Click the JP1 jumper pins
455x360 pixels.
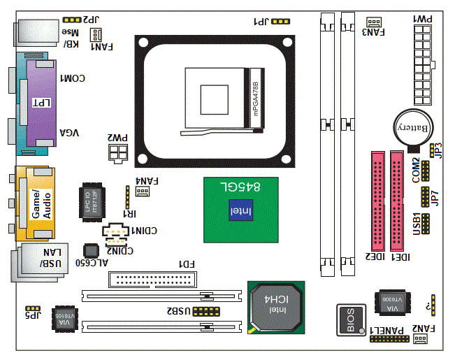point(280,22)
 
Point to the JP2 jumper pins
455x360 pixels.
point(71,21)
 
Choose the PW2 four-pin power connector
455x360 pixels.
point(117,152)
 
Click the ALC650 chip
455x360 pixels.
point(90,250)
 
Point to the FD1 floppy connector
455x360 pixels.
point(150,280)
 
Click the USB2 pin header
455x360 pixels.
point(205,310)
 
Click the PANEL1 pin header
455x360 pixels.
point(390,340)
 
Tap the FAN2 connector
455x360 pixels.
point(420,339)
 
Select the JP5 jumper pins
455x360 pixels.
point(31,308)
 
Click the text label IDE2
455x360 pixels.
point(377,257)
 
